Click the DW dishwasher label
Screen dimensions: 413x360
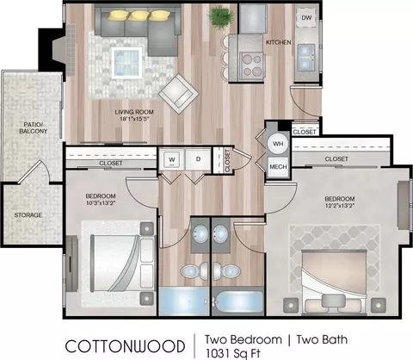pos(306,18)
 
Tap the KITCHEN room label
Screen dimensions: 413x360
pos(279,42)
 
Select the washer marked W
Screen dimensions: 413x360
pos(172,159)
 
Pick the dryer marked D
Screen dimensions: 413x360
pos(198,159)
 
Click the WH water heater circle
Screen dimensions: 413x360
pos(278,144)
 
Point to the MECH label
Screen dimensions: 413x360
pos(278,167)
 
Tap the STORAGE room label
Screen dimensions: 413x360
pos(28,215)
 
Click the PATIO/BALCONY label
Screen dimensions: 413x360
pos(34,128)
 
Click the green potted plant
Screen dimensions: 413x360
pos(221,16)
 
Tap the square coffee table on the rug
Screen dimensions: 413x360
pos(126,63)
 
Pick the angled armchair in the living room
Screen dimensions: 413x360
pos(179,94)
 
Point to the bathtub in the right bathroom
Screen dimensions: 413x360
pos(237,301)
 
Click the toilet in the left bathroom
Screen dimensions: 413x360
pos(194,270)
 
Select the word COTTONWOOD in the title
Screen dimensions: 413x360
pos(125,346)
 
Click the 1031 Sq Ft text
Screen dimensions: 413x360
pos(232,353)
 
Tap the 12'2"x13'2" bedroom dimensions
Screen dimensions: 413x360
pos(340,206)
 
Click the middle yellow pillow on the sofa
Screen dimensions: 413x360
pos(138,16)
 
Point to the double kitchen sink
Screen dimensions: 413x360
pos(306,58)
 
